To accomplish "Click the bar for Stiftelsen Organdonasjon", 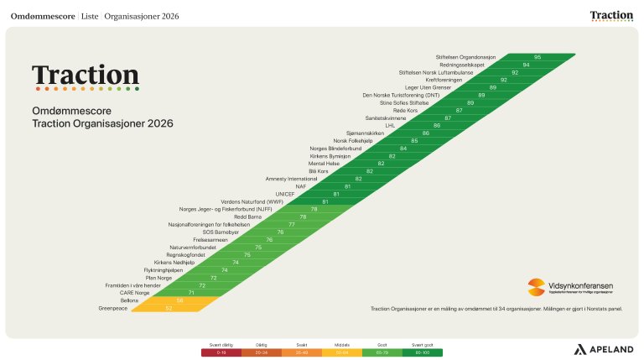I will click(x=537, y=57).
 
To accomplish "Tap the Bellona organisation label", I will click(x=128, y=300).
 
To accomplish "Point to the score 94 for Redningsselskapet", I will click(x=526, y=65).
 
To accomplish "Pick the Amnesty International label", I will click(x=289, y=179).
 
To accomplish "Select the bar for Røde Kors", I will click(x=460, y=111).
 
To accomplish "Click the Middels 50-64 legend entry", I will click(x=342, y=350).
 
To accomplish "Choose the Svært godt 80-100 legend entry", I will click(x=423, y=350).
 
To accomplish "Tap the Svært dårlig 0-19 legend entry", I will click(x=221, y=350).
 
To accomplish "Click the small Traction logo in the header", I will click(x=611, y=15).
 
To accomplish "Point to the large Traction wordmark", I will click(x=85, y=76).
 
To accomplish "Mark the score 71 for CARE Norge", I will click(x=191, y=293).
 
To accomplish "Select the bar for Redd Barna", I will click(x=303, y=217).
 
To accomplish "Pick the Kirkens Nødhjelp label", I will click(x=174, y=263).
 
